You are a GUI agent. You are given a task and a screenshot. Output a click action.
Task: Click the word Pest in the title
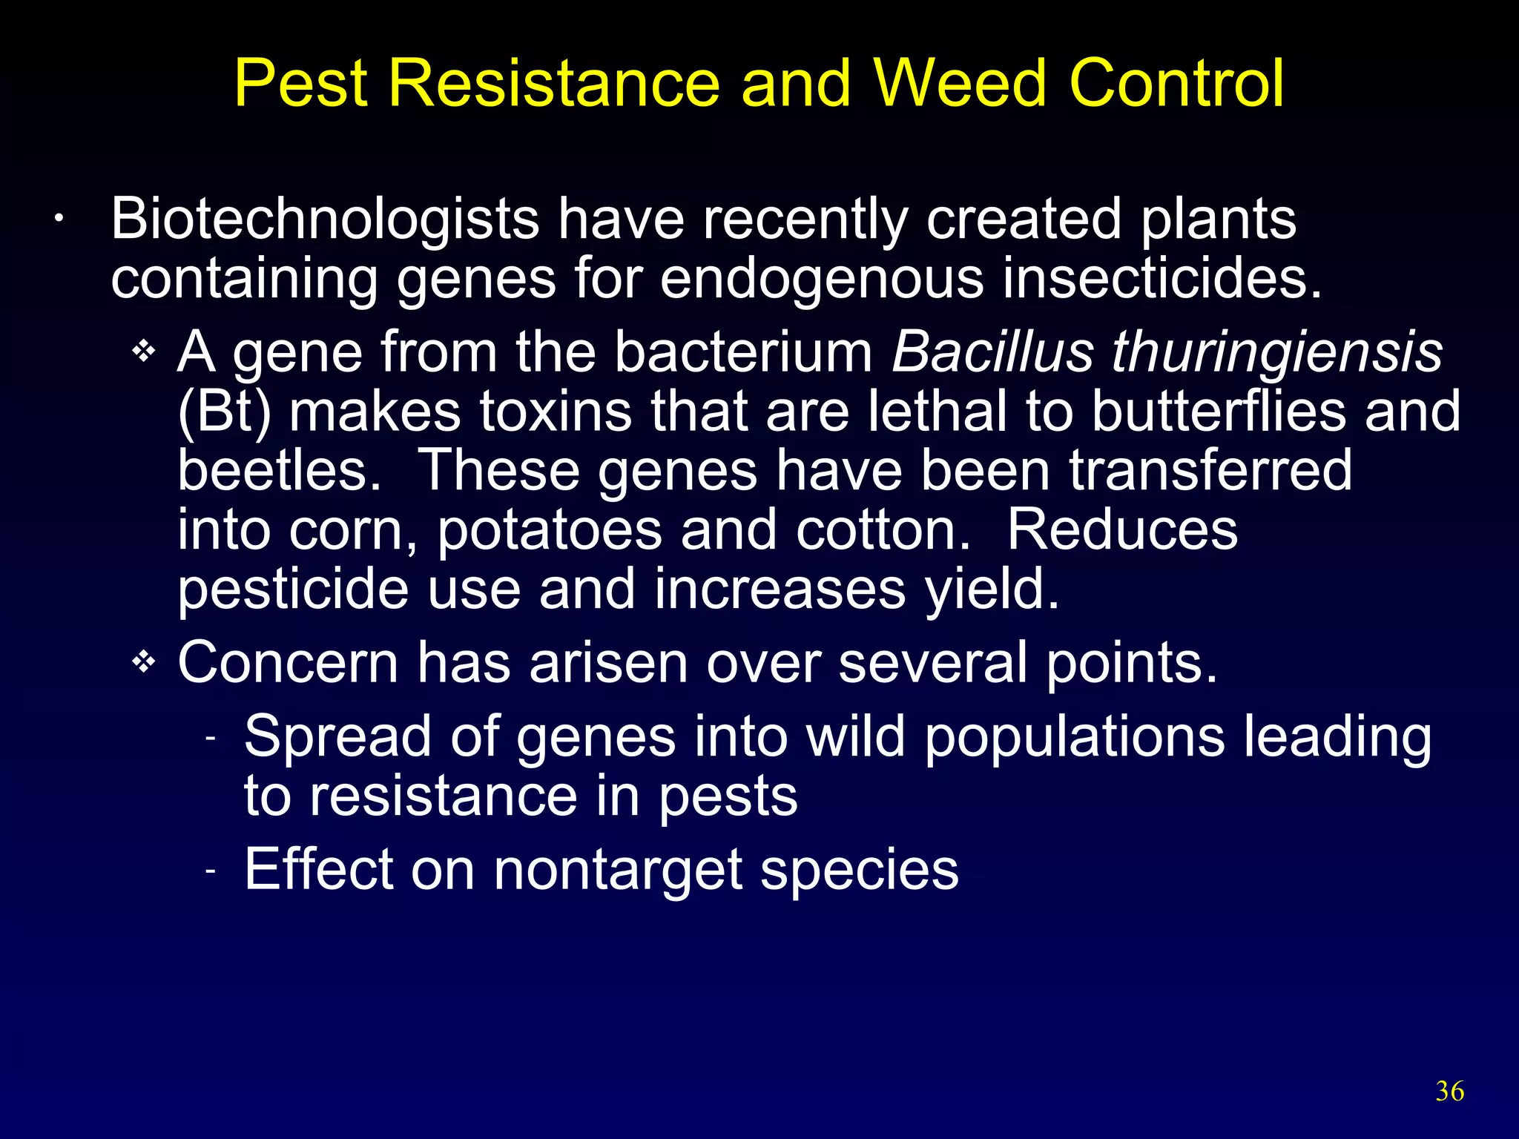[x=300, y=83]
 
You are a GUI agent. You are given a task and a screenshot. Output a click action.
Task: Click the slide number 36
[x=1449, y=1092]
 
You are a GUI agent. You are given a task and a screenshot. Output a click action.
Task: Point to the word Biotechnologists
[x=325, y=219]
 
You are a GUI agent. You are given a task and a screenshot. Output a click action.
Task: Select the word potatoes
[x=549, y=531]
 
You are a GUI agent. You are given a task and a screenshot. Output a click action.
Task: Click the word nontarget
[x=618, y=871]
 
